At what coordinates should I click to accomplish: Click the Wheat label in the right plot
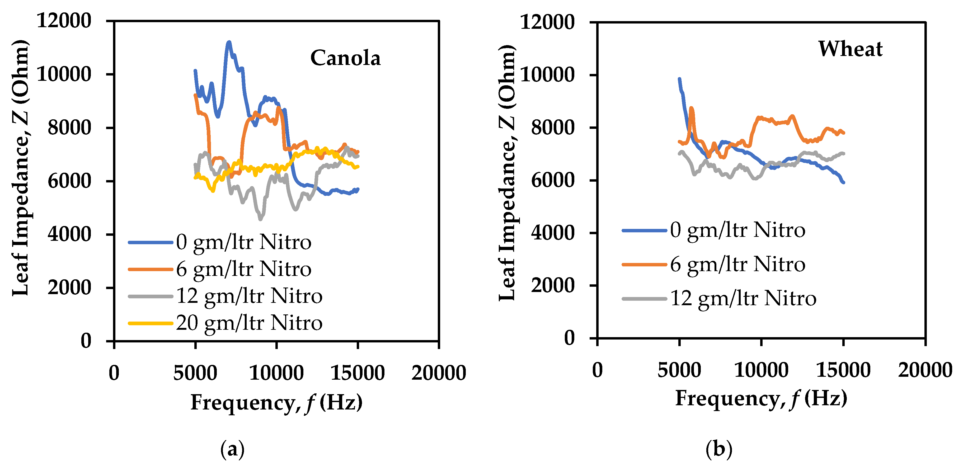tap(850, 49)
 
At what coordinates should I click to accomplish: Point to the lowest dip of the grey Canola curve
tap(260, 218)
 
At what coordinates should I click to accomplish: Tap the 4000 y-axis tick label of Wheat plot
tap(552, 233)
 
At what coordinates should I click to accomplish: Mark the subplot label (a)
tap(232, 449)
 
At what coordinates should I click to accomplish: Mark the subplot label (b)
tap(718, 449)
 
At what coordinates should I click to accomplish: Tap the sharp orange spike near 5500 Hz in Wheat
tap(691, 109)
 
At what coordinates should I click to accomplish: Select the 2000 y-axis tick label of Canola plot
tap(69, 288)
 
